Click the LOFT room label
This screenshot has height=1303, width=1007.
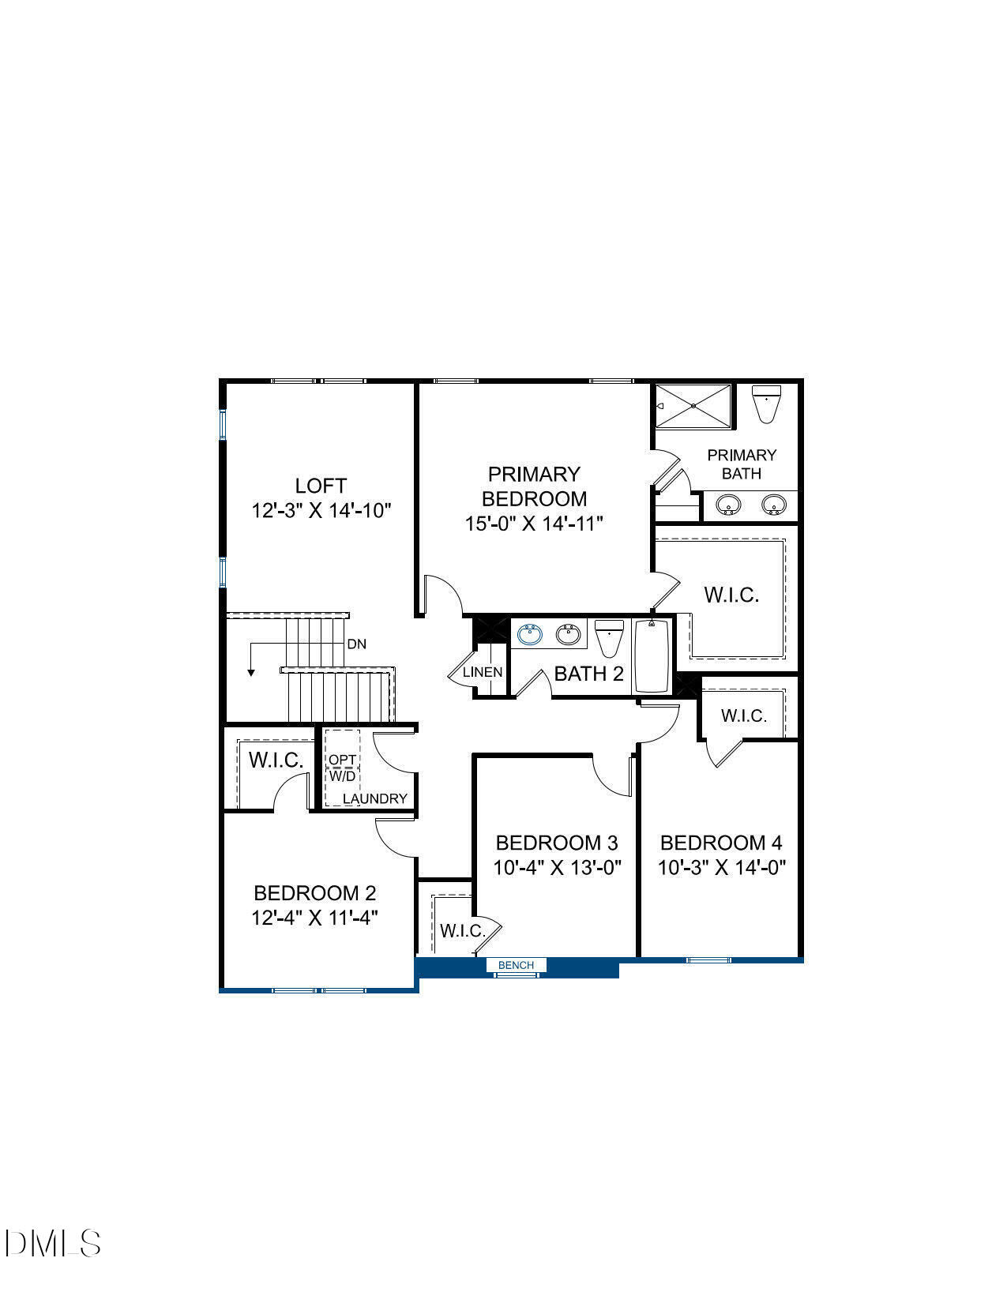tap(321, 486)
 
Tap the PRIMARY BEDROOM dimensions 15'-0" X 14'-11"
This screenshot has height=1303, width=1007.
tap(534, 524)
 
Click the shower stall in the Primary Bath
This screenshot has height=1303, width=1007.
tap(693, 406)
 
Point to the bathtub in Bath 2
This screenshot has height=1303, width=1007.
tap(652, 656)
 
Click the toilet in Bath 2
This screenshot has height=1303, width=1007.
tap(609, 638)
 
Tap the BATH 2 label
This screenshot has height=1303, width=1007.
tap(588, 674)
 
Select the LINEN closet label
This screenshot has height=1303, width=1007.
tap(482, 673)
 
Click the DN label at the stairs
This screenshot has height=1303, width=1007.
tap(356, 644)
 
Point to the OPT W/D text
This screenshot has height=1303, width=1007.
tap(343, 768)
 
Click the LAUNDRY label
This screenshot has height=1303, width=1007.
tap(375, 798)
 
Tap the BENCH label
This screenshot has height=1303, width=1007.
tap(516, 965)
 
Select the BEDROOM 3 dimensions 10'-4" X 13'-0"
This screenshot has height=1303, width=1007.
tap(558, 868)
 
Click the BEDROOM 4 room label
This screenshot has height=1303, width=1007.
tap(721, 843)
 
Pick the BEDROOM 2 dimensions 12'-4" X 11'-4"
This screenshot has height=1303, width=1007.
tap(315, 918)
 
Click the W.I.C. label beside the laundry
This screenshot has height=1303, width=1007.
tap(276, 760)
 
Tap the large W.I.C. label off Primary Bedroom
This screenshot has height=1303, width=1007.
tap(731, 595)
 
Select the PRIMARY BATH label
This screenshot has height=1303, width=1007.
tap(742, 464)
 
